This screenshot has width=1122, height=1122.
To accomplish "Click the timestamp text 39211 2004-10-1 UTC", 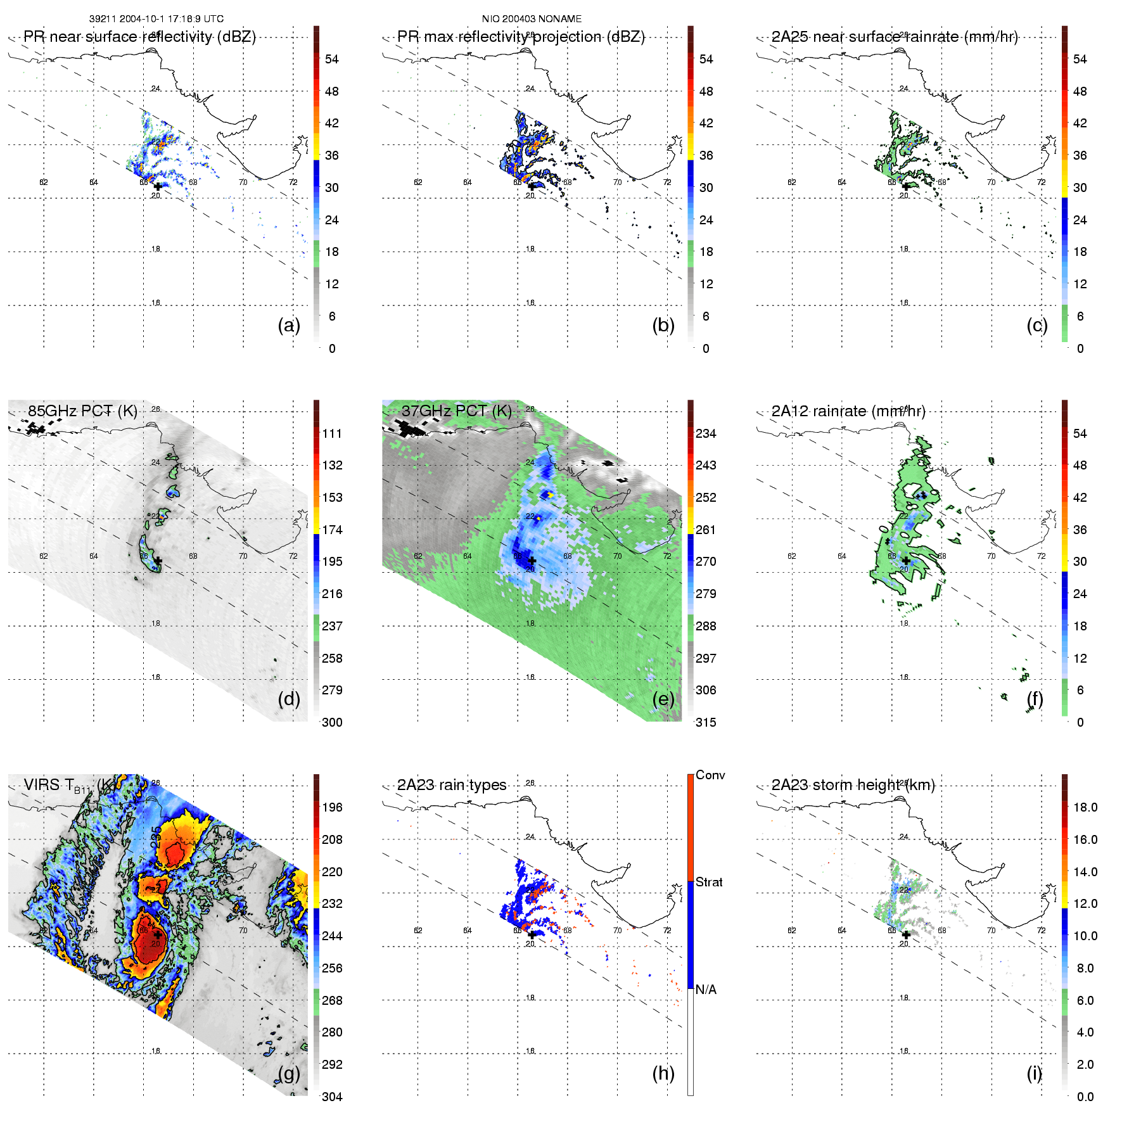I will (x=156, y=19).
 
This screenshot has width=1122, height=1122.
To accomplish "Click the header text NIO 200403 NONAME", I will (x=532, y=19).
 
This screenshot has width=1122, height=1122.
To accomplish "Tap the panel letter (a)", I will (x=289, y=325).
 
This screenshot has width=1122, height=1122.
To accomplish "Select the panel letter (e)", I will (x=663, y=699).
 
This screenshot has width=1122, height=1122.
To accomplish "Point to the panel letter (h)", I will (x=663, y=1073).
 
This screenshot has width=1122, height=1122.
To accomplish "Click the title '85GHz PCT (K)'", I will (x=82, y=411).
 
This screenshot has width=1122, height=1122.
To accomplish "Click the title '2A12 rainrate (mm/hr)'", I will (x=848, y=411).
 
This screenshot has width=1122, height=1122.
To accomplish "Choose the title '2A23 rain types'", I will (x=452, y=785).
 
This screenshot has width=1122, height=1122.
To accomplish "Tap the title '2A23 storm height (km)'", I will (x=853, y=785).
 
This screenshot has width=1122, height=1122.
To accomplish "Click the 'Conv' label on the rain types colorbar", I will (x=710, y=775).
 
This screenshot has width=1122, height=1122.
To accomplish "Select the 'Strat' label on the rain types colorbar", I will (x=709, y=882).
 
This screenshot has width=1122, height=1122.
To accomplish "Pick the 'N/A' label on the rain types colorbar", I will (x=706, y=990).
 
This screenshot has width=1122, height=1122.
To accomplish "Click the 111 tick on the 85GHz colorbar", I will (x=332, y=433).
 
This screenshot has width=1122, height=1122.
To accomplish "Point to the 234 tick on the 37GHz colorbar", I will (x=706, y=433).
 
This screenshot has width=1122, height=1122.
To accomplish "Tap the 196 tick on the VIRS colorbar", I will (x=332, y=807).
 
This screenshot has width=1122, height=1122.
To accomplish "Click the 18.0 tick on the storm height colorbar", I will (x=1085, y=807).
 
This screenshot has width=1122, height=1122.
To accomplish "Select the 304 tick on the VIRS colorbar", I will (x=332, y=1097).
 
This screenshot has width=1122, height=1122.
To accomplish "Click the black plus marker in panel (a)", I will (x=158, y=186).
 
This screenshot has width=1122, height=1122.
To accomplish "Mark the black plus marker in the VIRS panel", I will (x=157, y=934).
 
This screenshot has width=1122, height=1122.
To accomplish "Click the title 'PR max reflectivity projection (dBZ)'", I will (x=521, y=37).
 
